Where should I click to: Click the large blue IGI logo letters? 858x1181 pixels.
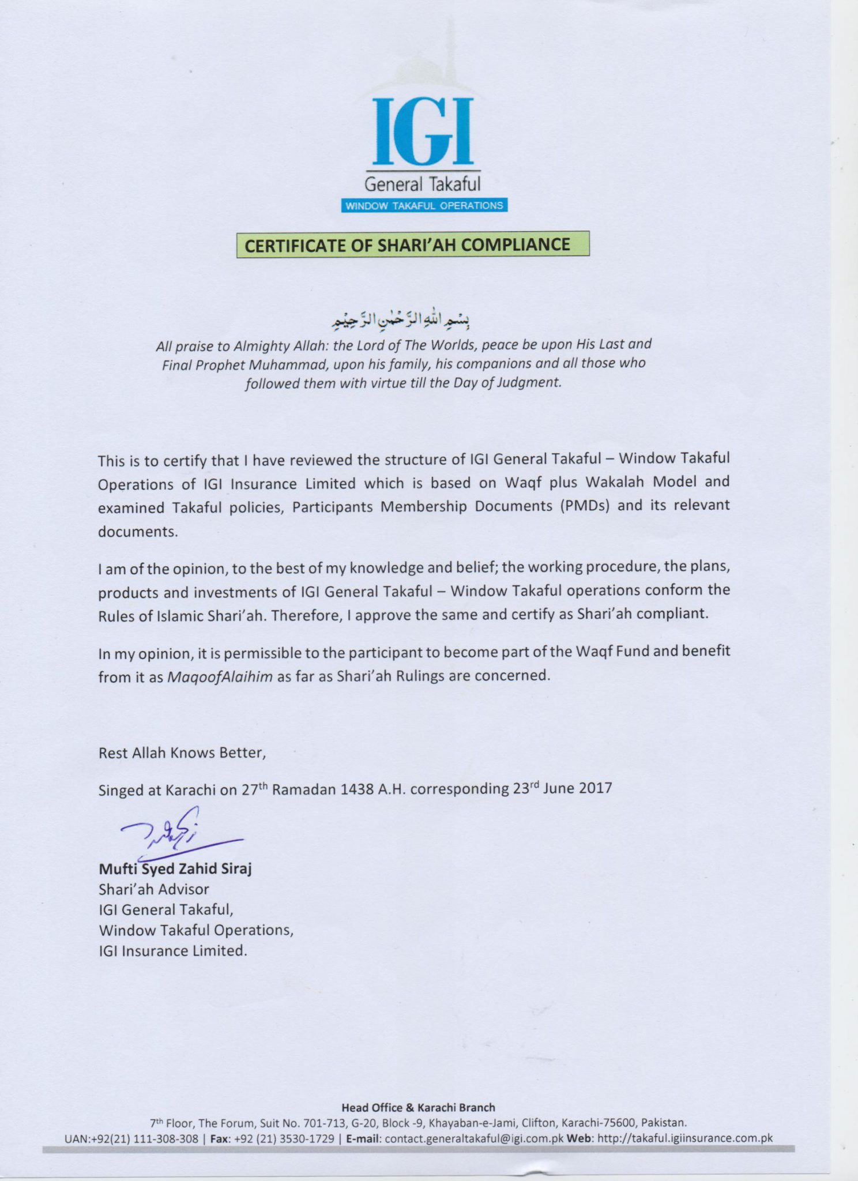[423, 131]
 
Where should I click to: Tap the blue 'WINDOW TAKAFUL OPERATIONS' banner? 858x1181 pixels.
[424, 206]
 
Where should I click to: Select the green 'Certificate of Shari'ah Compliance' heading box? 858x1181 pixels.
[413, 245]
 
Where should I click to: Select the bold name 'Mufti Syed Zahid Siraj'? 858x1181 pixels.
[175, 868]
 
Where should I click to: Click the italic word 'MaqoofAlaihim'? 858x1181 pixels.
[220, 676]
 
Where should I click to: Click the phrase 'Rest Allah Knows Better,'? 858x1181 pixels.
[182, 753]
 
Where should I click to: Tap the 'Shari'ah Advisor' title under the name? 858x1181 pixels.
[153, 889]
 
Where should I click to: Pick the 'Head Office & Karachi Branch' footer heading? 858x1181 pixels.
[418, 1107]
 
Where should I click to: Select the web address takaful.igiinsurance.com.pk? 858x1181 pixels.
[685, 1139]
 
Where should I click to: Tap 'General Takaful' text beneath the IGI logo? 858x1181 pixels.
[423, 185]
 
